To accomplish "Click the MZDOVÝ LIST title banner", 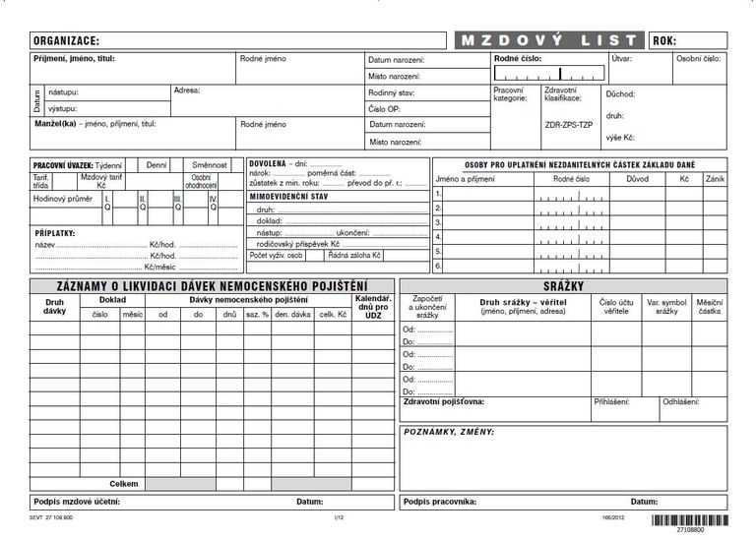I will pyautogui.click(x=548, y=40).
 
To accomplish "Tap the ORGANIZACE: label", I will pyautogui.click(x=66, y=41).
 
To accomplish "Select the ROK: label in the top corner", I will pyautogui.click(x=664, y=40).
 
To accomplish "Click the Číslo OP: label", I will pyautogui.click(x=384, y=108).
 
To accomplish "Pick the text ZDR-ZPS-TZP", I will pyautogui.click(x=569, y=125).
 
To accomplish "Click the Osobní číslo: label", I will pyautogui.click(x=698, y=59).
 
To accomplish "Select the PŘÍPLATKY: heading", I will pyautogui.click(x=55, y=233).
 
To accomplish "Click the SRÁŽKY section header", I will pyautogui.click(x=563, y=285).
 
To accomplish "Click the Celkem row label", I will pyautogui.click(x=124, y=484).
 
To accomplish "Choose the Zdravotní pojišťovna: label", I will pyautogui.click(x=444, y=402).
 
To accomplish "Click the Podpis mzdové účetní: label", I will pyautogui.click(x=77, y=502).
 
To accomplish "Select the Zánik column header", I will pyautogui.click(x=715, y=179).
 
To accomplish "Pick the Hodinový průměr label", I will pyautogui.click(x=62, y=199).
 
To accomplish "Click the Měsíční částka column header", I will pyautogui.click(x=709, y=306).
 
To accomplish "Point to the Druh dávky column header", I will pyautogui.click(x=54, y=306).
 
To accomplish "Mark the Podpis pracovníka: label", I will pyautogui.click(x=440, y=502).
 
